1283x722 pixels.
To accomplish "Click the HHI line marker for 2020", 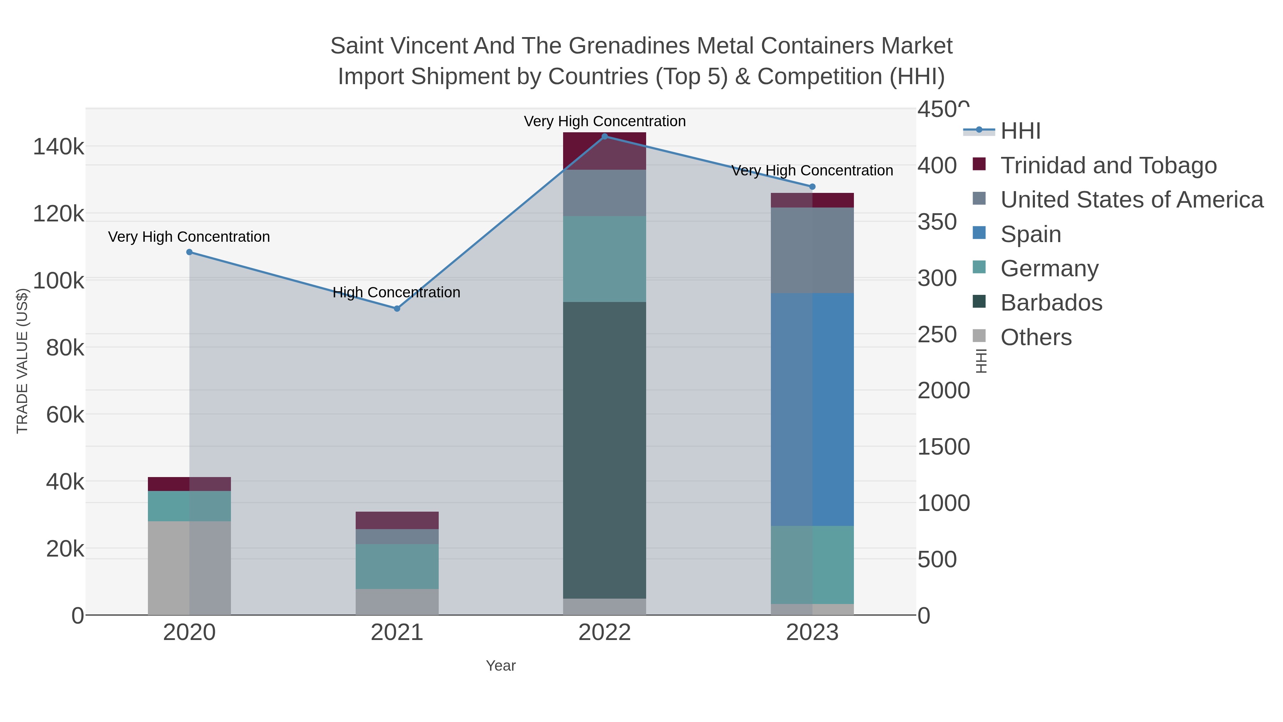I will click(189, 252).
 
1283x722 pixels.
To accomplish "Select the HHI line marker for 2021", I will click(397, 308).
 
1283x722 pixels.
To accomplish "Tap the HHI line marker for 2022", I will click(605, 137).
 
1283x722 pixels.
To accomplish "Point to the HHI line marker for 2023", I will click(812, 187).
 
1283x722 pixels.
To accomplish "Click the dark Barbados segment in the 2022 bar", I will click(605, 449).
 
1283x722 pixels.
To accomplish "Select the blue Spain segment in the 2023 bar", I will click(812, 409).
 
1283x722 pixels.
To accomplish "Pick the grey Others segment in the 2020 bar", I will click(189, 568).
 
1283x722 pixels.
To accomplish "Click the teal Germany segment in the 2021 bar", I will click(397, 567).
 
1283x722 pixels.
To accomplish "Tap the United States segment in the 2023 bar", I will click(812, 250).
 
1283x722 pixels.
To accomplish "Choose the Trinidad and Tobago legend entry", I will click(1108, 165).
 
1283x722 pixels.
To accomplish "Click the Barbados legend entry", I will click(1051, 303).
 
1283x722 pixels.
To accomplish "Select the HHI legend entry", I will click(1020, 131).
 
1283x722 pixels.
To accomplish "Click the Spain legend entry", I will click(1030, 234).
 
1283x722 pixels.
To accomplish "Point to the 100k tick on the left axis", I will click(59, 281).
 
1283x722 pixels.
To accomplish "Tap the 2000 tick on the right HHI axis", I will click(943, 391).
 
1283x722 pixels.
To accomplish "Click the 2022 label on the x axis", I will click(605, 633).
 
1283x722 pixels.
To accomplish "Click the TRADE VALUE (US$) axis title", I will click(22, 361).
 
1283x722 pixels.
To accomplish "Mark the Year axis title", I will click(501, 666).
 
